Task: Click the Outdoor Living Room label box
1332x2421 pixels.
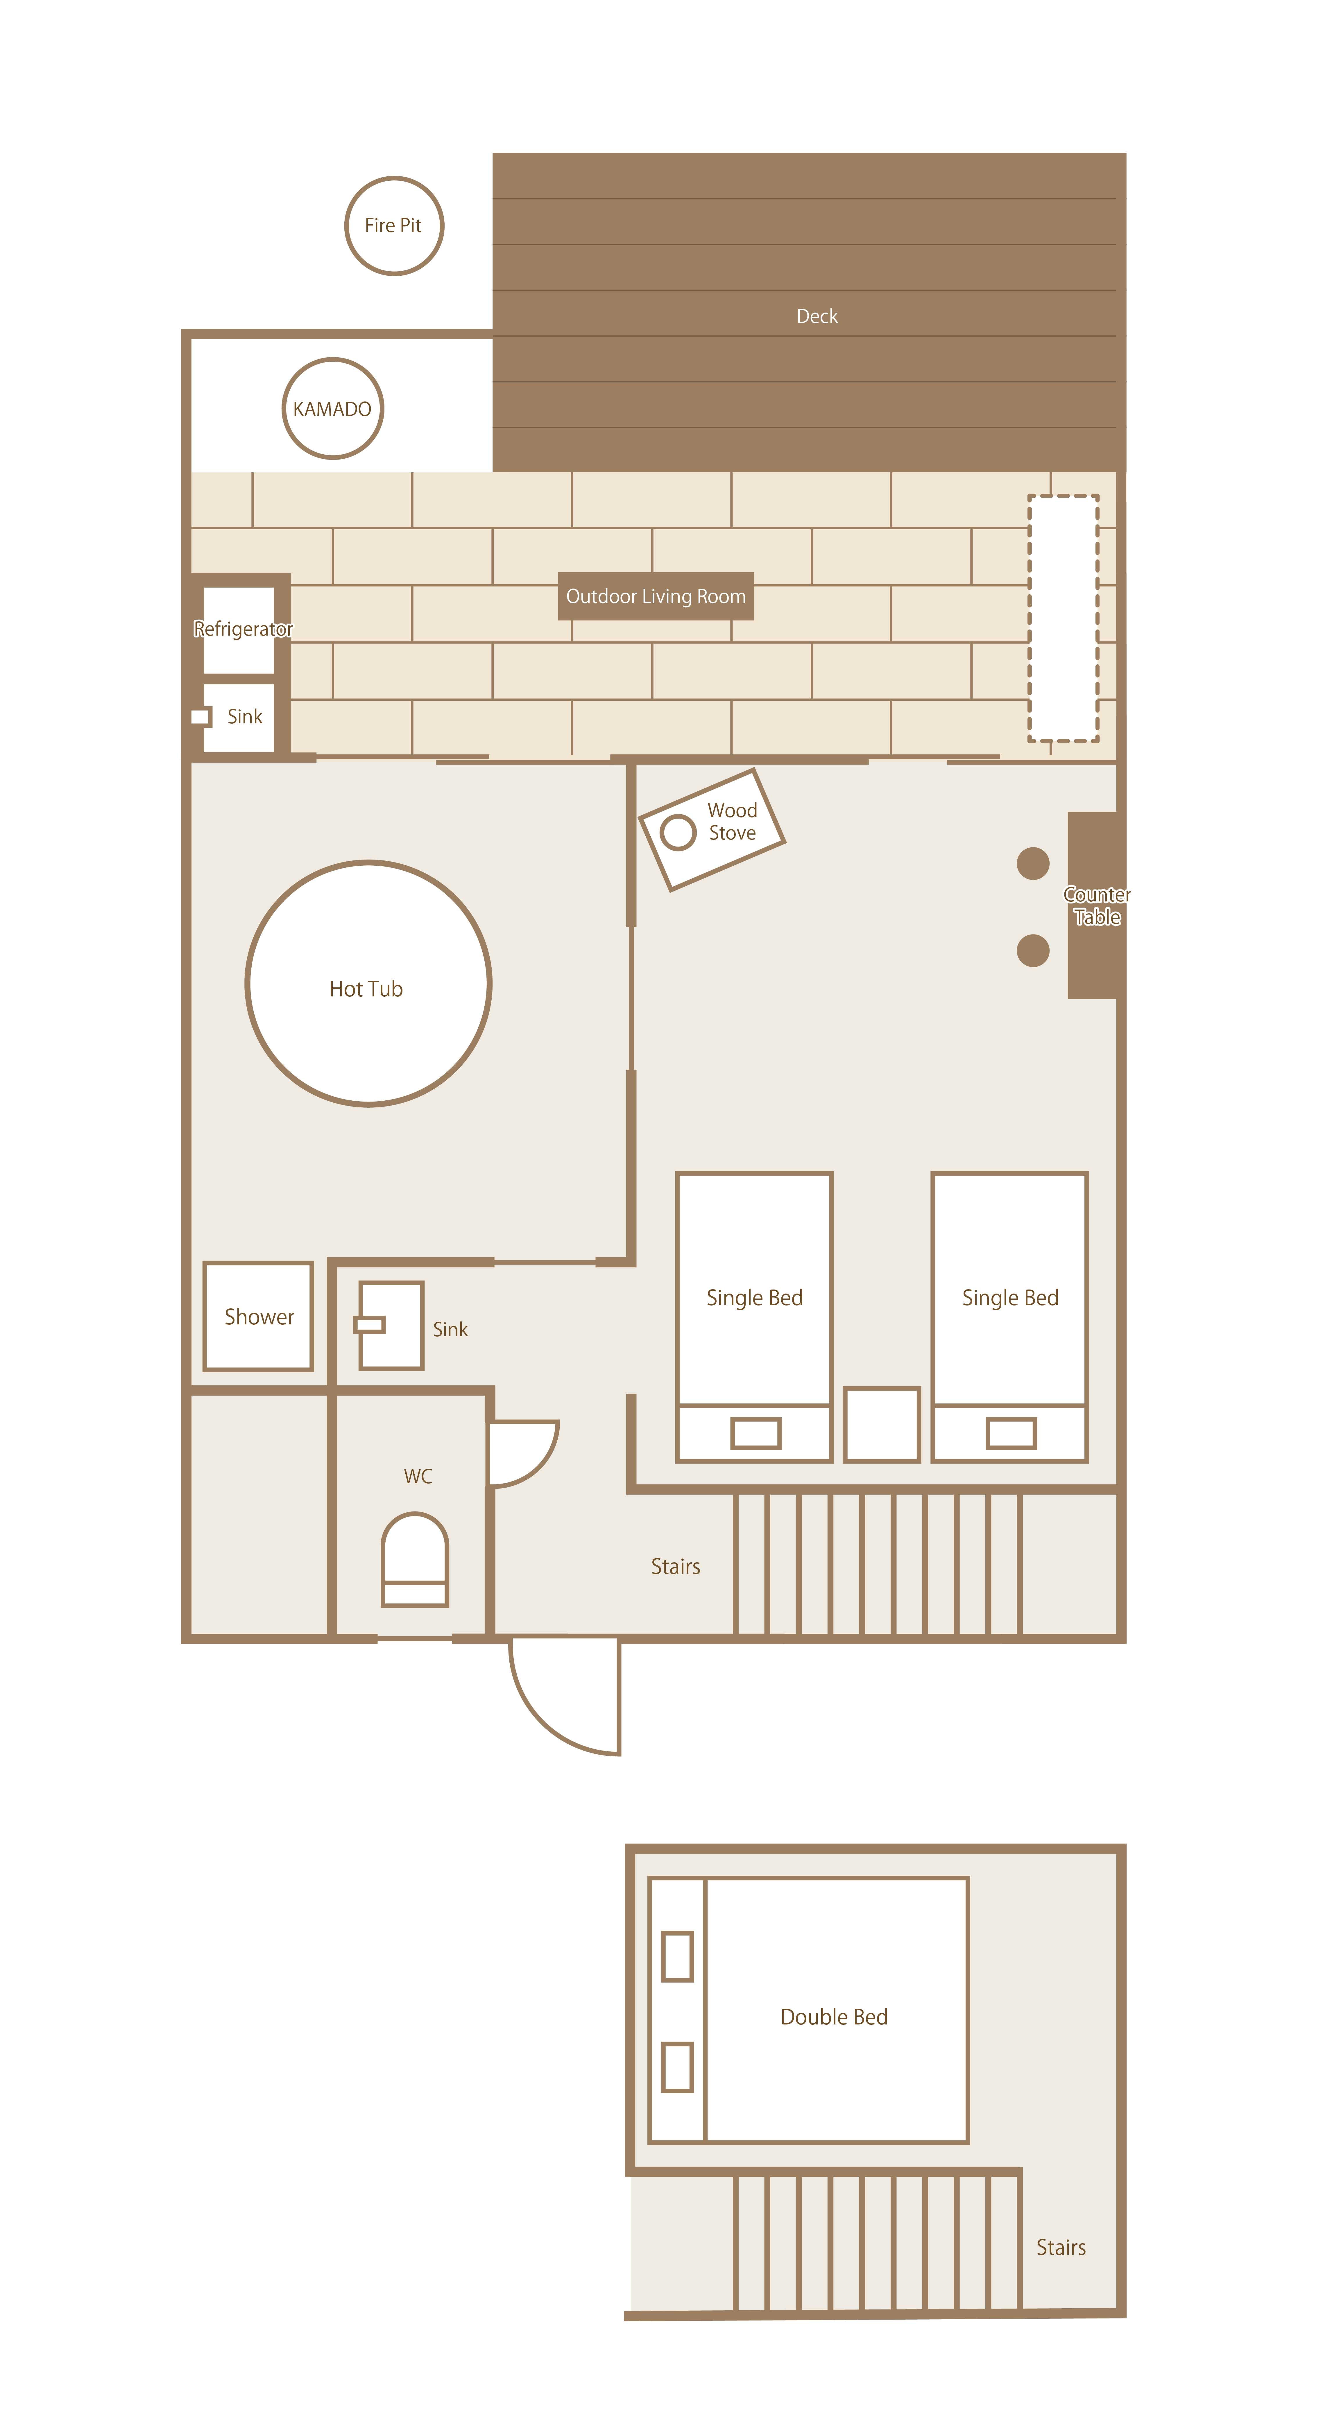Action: [655, 596]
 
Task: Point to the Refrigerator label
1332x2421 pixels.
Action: [243, 629]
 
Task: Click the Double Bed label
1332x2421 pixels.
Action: [834, 2017]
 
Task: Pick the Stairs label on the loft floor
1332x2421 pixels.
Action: [1060, 2247]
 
